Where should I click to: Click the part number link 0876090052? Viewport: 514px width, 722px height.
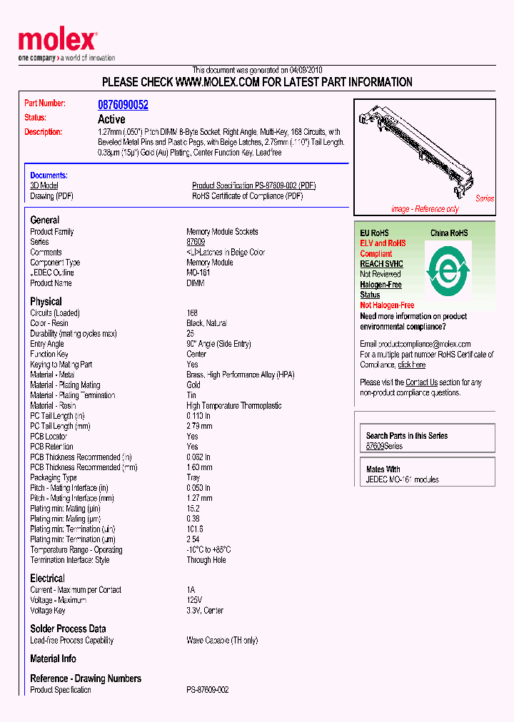click(x=123, y=105)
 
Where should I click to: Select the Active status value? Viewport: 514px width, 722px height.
click(x=111, y=119)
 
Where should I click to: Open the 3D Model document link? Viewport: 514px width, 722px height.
click(x=44, y=185)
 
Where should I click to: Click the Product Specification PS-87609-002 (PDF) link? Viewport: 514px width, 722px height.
click(x=253, y=185)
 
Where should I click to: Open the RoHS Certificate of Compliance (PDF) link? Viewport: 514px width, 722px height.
click(x=247, y=196)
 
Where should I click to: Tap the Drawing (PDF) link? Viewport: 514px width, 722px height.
click(x=51, y=196)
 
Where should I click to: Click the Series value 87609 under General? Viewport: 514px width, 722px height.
click(x=196, y=242)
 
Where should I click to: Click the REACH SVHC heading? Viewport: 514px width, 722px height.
click(x=381, y=264)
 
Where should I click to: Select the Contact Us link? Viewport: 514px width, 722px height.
click(x=421, y=382)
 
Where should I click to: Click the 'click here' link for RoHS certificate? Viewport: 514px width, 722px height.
click(x=411, y=365)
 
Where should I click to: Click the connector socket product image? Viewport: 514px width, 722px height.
click(x=423, y=153)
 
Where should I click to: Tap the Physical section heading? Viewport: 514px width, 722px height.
click(x=46, y=302)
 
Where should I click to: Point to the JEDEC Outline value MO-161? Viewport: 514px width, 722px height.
click(x=200, y=273)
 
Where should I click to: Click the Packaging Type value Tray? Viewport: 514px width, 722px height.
click(x=193, y=478)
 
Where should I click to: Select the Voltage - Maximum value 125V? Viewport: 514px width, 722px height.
click(x=195, y=601)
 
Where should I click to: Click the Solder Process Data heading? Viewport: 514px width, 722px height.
click(x=68, y=629)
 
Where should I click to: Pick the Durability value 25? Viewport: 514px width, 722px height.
click(x=191, y=334)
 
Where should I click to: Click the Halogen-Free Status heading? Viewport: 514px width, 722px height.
click(x=381, y=290)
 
